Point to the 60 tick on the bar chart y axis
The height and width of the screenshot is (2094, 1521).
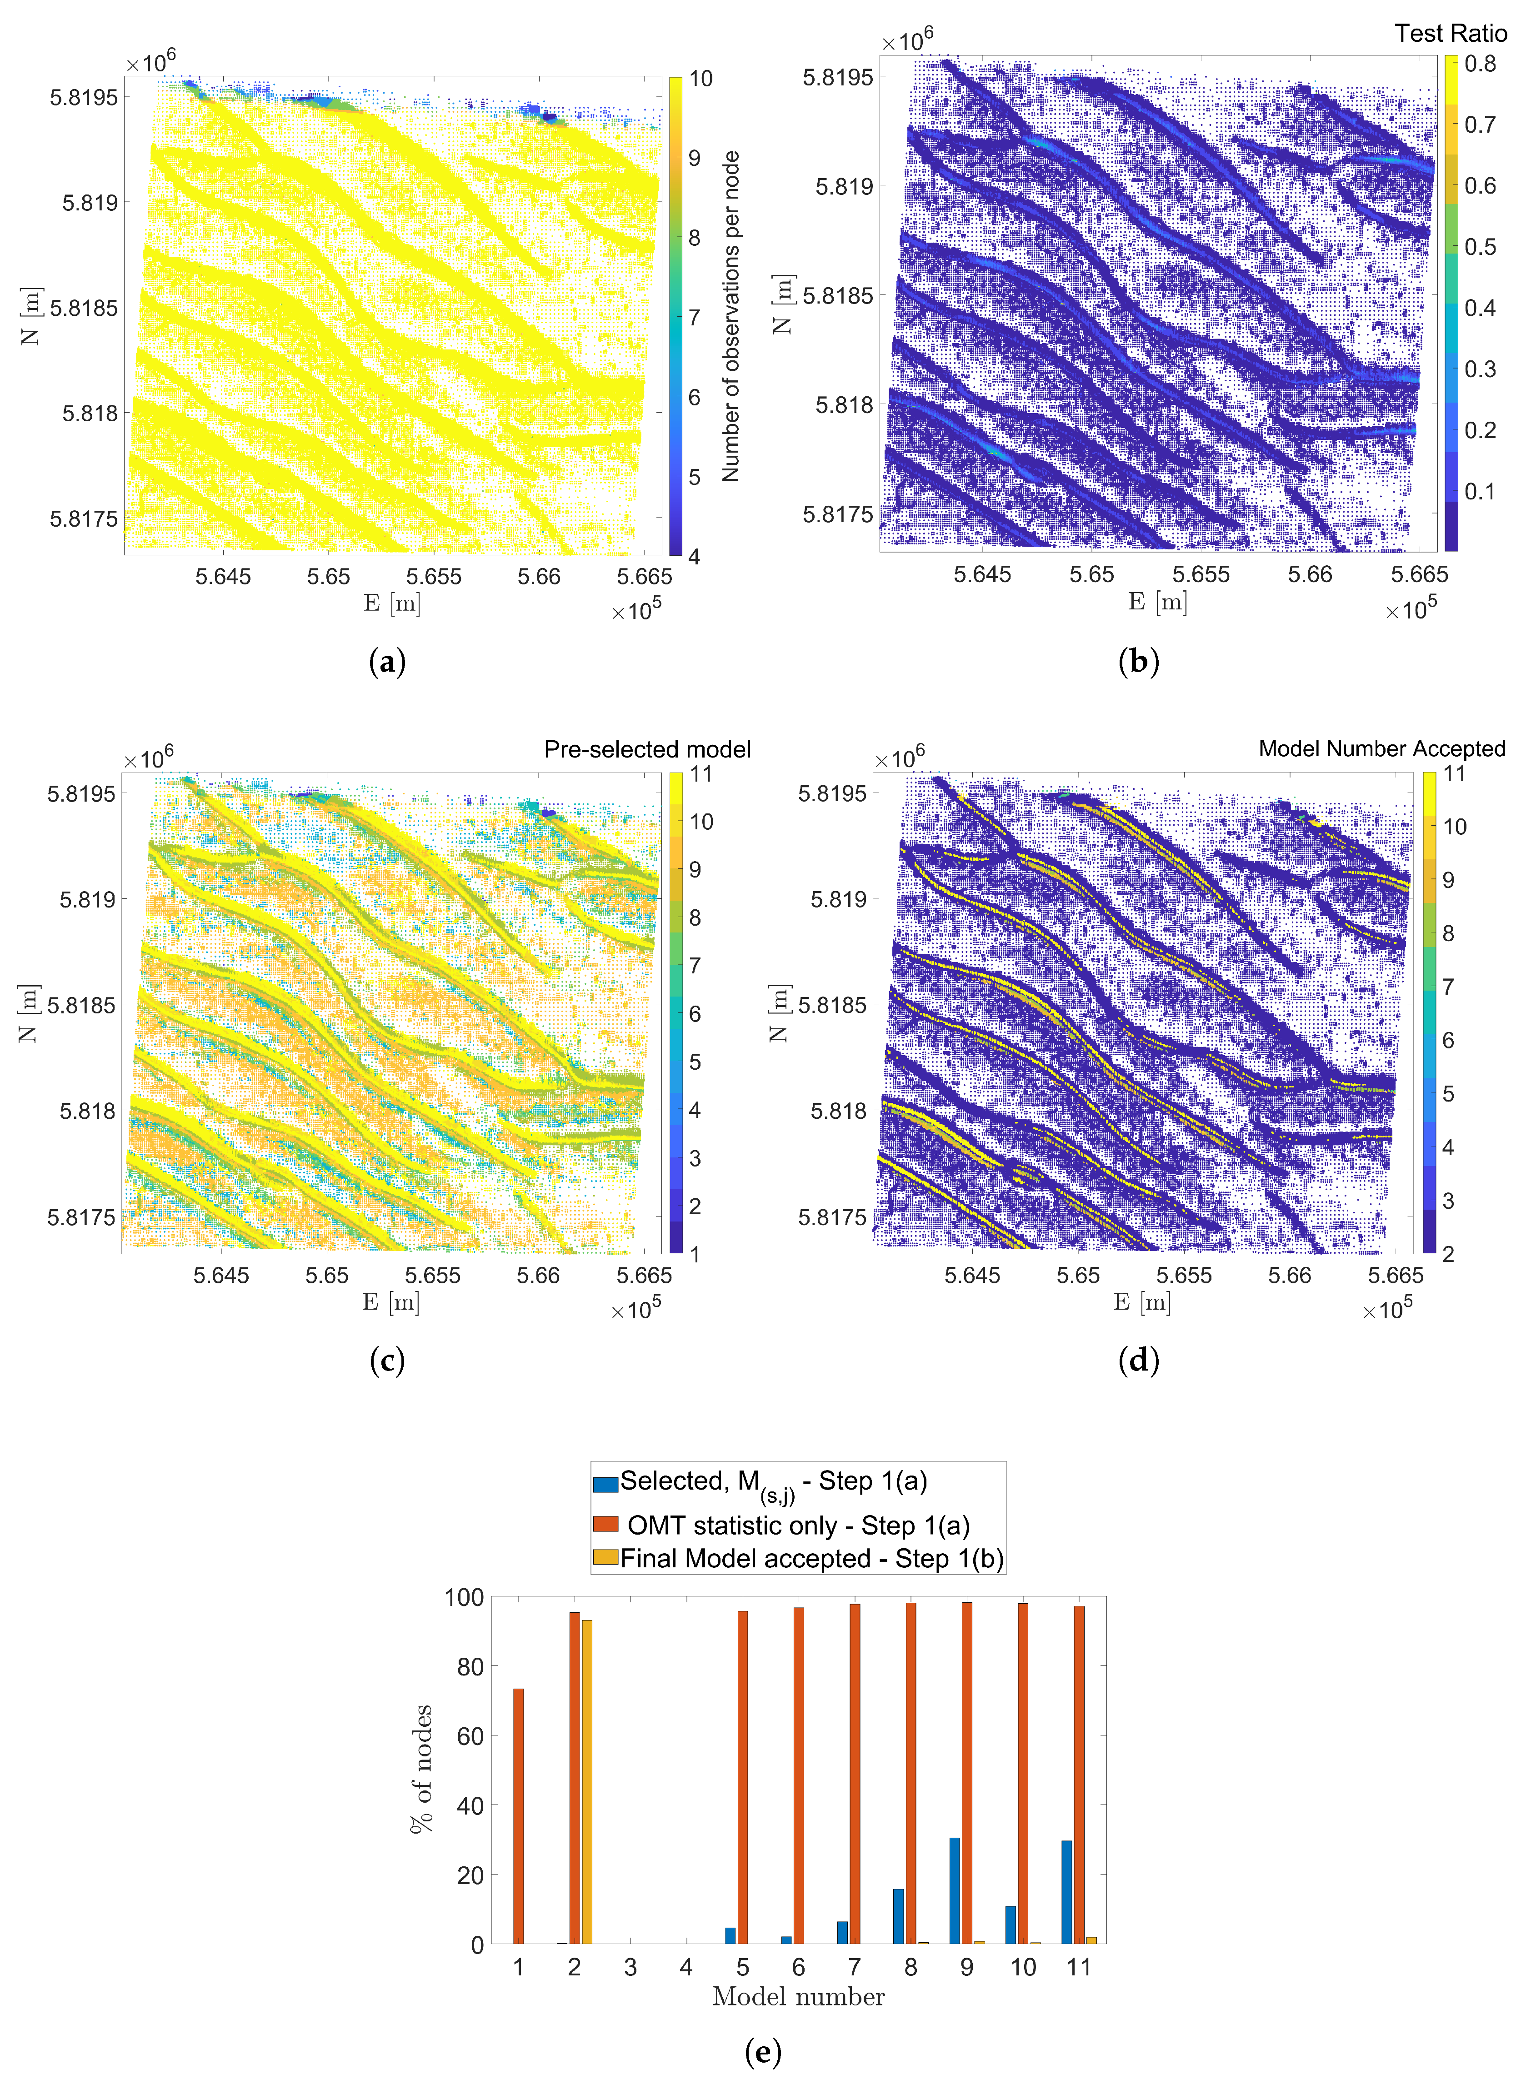[470, 1736]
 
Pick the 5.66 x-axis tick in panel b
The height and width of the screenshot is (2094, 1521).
[1310, 574]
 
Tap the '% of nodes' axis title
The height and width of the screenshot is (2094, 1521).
[421, 1768]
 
